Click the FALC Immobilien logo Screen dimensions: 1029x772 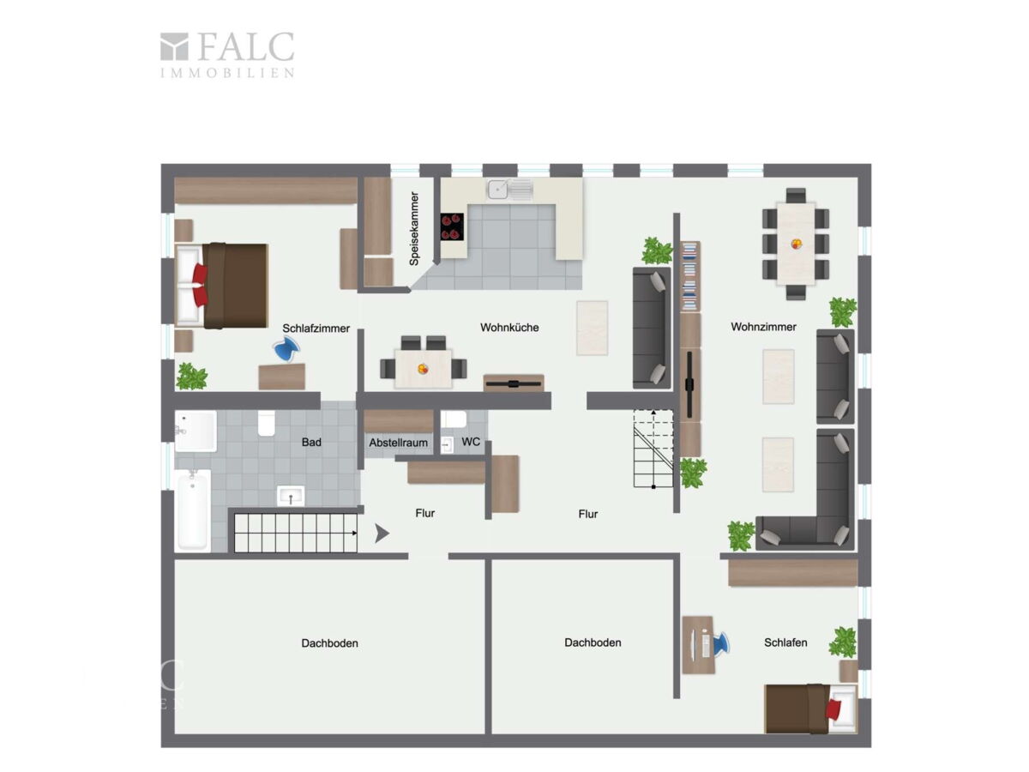click(227, 54)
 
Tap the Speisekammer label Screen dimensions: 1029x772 click(414, 228)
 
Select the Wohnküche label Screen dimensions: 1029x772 click(509, 327)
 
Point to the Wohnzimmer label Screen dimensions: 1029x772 click(763, 327)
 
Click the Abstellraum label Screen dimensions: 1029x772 click(398, 442)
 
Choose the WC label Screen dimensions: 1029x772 click(471, 442)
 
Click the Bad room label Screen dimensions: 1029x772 click(311, 442)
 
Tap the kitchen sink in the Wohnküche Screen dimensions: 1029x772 click(509, 190)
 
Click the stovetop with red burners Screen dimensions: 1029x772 click(452, 226)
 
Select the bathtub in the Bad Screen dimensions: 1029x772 click(193, 510)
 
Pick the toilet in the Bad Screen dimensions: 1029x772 click(267, 423)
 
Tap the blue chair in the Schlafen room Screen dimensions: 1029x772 click(719, 643)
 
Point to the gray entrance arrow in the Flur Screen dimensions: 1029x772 click(382, 534)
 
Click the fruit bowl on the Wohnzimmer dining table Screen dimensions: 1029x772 click(796, 244)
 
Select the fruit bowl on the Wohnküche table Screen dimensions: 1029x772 click(423, 369)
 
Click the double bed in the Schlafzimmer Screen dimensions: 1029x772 click(221, 286)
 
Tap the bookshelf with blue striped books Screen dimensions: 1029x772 click(690, 276)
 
